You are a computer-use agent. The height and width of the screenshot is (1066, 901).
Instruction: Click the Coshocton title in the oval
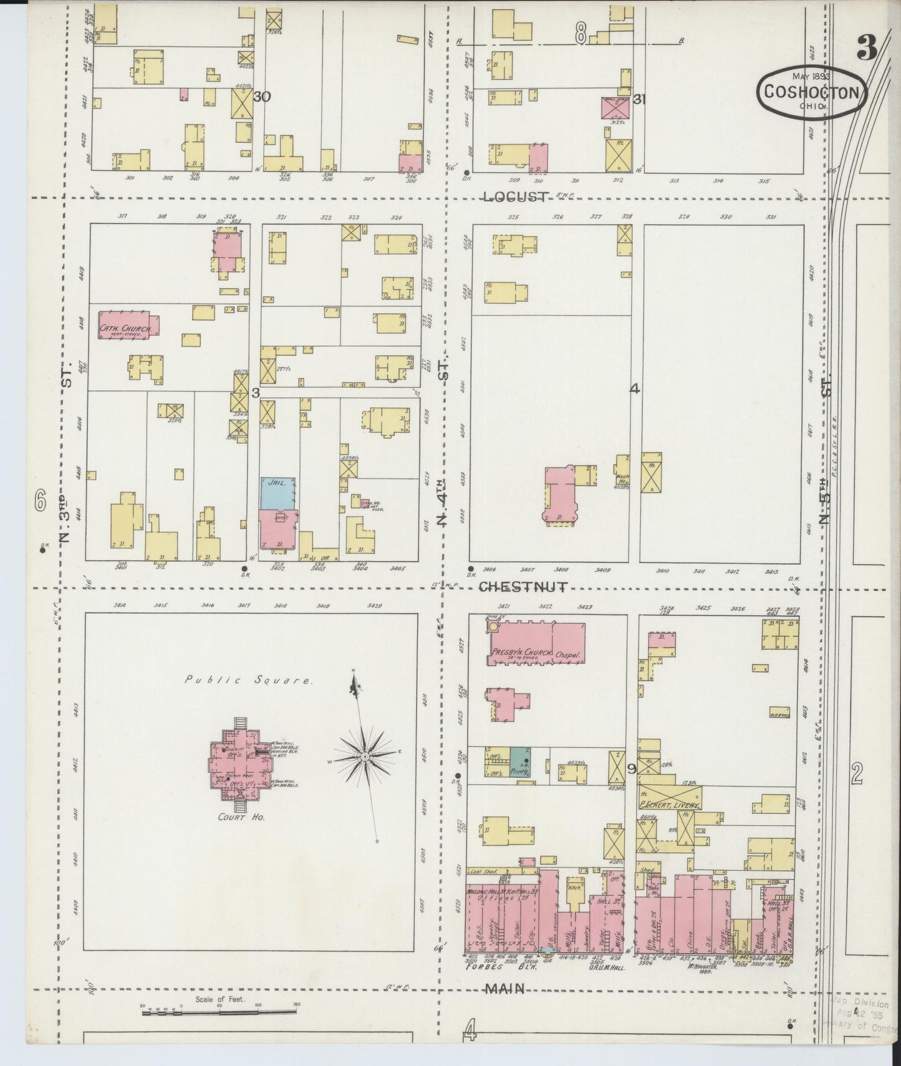click(x=812, y=92)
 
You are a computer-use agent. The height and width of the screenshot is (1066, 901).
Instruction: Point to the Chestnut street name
click(x=524, y=587)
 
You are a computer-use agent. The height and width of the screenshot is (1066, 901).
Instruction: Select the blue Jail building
click(x=277, y=492)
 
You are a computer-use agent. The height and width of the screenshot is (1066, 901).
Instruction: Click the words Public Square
click(x=248, y=680)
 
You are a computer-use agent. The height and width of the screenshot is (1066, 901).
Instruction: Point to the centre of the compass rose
click(x=364, y=757)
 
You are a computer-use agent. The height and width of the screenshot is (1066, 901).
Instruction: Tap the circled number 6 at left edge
click(x=41, y=499)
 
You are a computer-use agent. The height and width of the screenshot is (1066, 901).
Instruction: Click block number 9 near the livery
click(x=631, y=769)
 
